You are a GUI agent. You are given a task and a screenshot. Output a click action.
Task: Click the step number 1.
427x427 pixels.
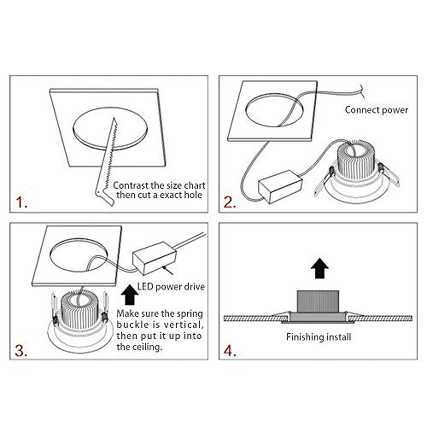(21, 202)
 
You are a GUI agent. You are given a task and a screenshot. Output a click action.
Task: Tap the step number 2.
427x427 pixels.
(230, 202)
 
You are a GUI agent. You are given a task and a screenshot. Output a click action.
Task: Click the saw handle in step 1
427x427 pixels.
(105, 196)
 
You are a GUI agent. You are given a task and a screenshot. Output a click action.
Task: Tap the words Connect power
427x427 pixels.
(376, 110)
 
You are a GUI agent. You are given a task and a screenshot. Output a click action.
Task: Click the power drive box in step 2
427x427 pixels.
(280, 187)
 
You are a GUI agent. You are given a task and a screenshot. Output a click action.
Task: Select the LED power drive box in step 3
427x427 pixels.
(154, 258)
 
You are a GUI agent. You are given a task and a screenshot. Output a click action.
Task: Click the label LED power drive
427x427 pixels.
(171, 287)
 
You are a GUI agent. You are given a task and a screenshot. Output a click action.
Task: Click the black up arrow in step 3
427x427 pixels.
(130, 295)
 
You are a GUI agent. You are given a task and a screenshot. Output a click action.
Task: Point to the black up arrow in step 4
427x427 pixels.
(320, 268)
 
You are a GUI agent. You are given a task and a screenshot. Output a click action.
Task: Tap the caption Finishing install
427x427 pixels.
(318, 337)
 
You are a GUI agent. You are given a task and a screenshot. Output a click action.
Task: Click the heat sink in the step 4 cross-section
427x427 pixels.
(318, 302)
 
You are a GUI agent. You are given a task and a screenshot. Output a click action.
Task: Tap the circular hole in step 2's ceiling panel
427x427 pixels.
(274, 110)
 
